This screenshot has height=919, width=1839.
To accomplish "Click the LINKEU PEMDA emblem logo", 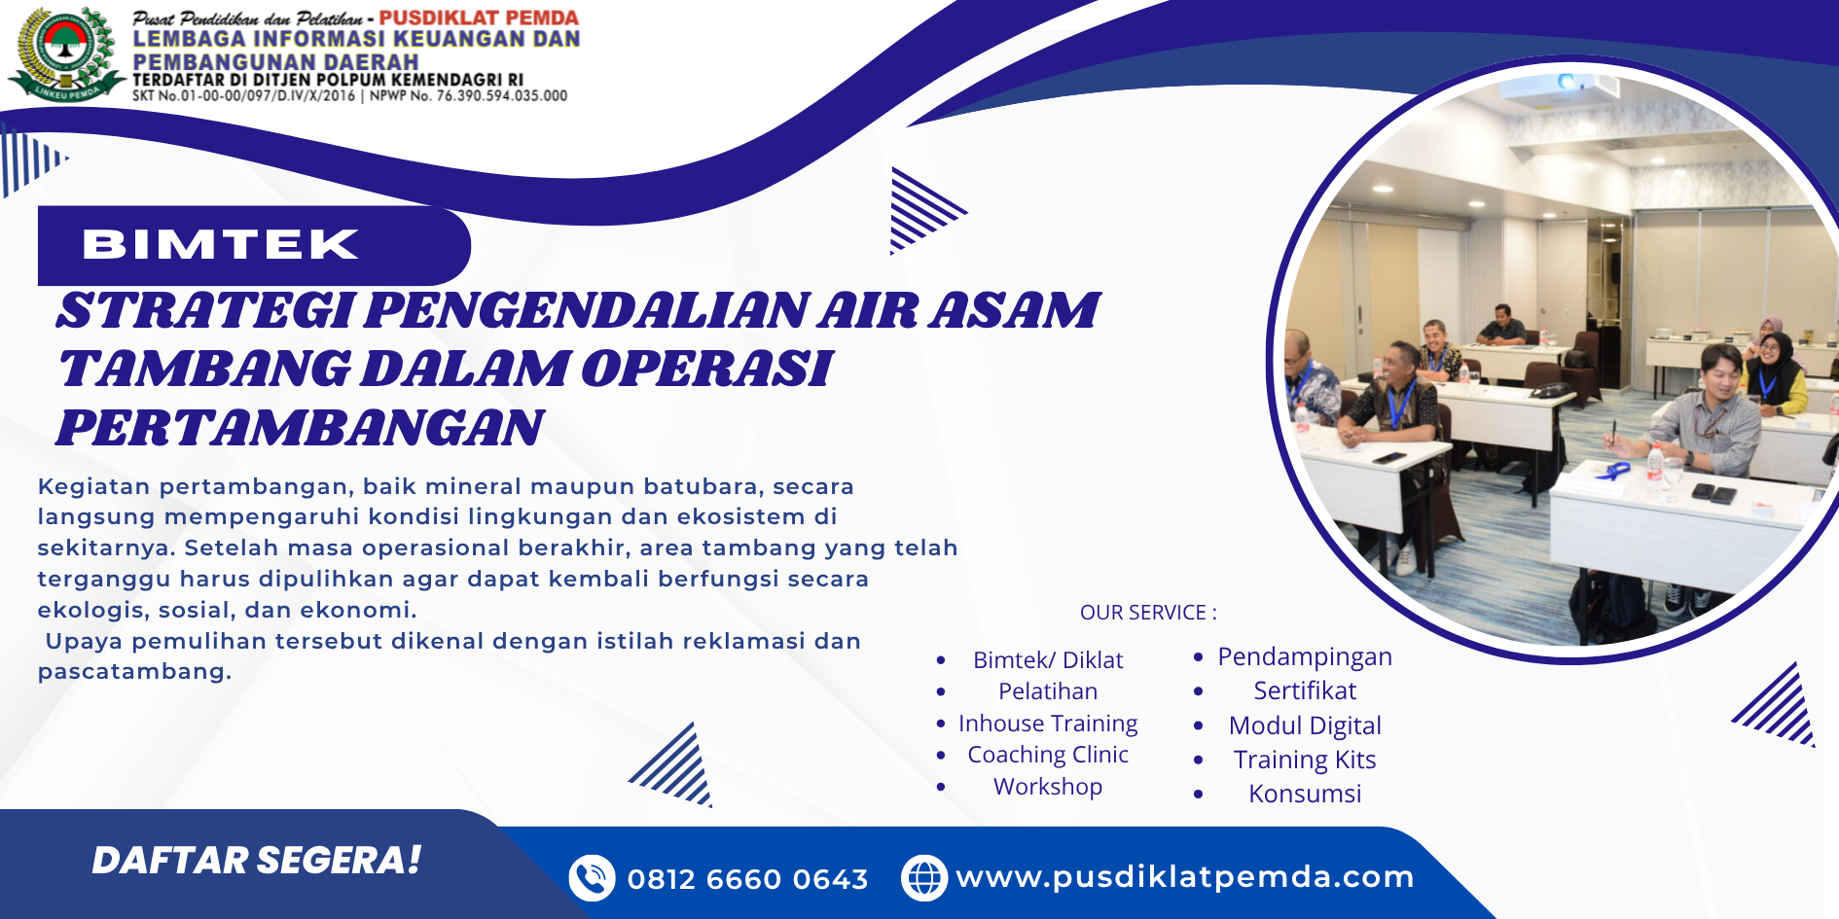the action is point(66,53).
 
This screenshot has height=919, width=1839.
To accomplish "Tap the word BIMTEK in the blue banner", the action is point(221,244).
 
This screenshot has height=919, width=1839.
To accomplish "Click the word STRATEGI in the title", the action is point(205,310).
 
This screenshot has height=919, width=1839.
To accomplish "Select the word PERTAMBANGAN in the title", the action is point(301,428).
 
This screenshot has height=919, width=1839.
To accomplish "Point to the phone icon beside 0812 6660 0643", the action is point(592,878).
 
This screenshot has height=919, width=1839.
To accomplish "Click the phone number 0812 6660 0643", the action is point(747,879).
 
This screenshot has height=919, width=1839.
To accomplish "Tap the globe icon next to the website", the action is point(924,878).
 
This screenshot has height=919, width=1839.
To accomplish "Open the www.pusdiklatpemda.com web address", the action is point(1185,877).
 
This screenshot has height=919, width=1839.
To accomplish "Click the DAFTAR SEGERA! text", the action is point(257,860).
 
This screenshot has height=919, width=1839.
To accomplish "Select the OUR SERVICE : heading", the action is point(1148,613).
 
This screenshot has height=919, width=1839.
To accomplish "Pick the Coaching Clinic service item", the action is point(1048,755).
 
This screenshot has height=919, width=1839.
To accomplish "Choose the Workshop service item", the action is point(1048,787).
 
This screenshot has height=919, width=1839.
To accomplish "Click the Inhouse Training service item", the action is point(1048,724).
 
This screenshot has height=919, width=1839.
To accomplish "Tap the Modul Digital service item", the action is point(1305,726).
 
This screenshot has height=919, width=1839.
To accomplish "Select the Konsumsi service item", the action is point(1305,794).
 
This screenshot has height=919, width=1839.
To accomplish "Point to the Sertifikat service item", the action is point(1305,690).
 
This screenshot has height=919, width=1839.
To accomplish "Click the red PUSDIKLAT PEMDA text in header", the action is point(479,18).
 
